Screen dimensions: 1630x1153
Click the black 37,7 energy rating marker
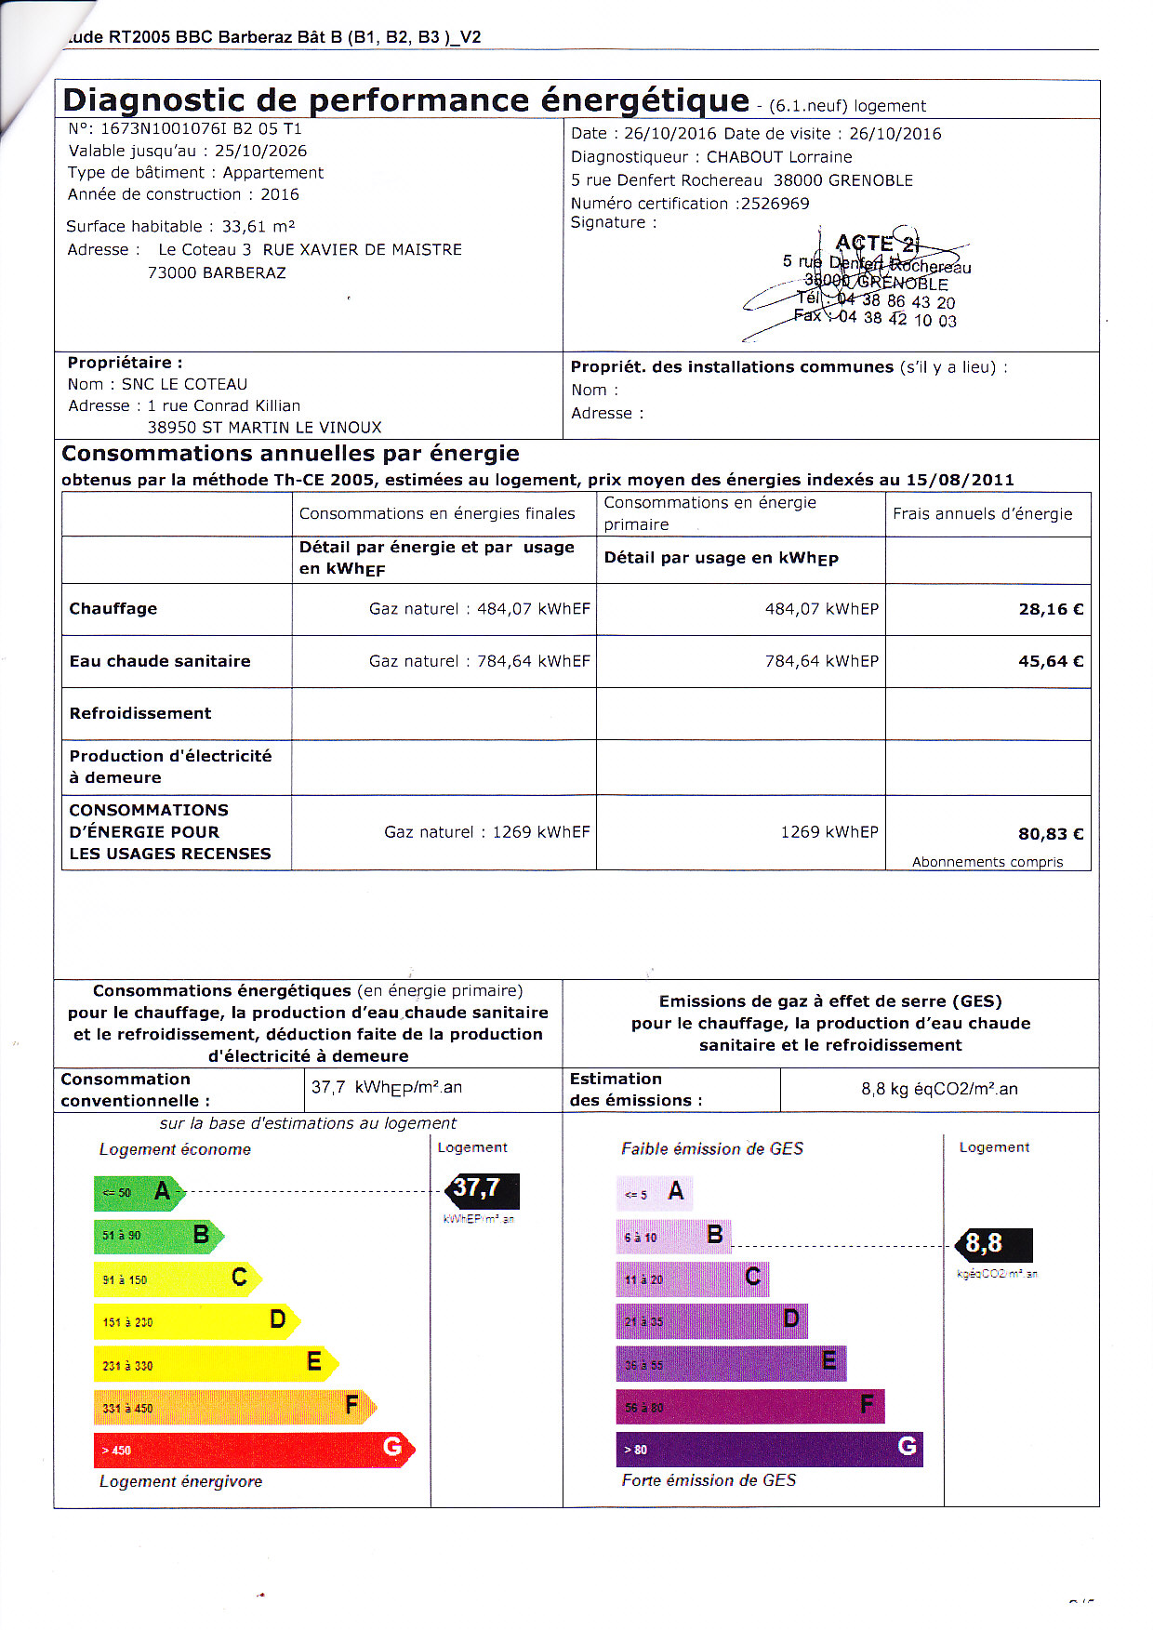coord(482,1190)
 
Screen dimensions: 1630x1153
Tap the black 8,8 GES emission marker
coord(994,1244)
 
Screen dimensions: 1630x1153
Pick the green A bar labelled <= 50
coord(138,1192)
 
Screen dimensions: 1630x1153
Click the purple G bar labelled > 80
coord(768,1449)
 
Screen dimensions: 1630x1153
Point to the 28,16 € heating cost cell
coord(1051,609)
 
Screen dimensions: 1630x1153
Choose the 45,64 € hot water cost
coord(1051,661)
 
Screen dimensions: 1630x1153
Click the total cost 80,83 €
coord(1051,834)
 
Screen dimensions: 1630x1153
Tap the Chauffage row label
coord(113,608)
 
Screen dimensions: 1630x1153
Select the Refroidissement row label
coord(140,713)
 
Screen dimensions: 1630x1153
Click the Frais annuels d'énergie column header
coord(982,513)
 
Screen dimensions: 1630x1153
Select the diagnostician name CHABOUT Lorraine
coord(779,157)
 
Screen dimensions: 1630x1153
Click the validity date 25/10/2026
coord(260,151)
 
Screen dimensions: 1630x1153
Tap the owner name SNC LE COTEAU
coord(184,384)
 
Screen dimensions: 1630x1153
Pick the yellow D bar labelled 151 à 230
coord(195,1320)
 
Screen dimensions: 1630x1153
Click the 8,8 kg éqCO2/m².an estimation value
coord(939,1089)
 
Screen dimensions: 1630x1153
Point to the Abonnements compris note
coord(987,862)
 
